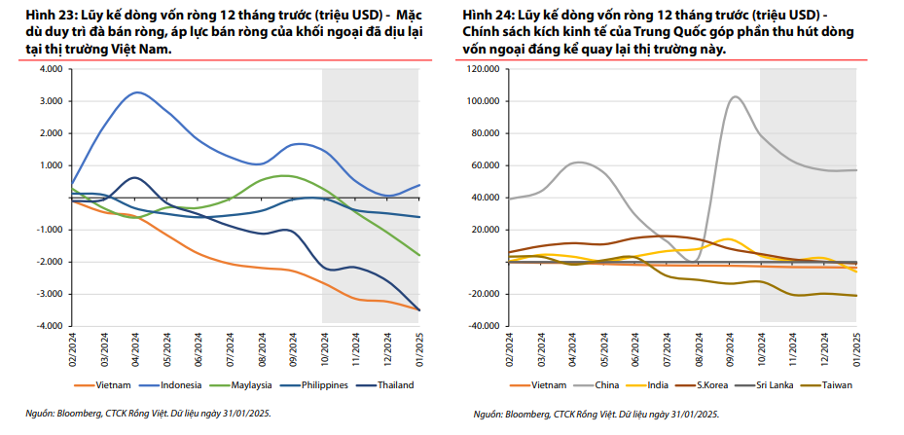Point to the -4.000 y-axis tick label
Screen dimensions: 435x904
point(48,326)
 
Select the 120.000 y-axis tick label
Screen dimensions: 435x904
point(484,70)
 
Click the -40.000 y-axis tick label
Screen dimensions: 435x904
point(484,326)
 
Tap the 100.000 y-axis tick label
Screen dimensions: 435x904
point(484,101)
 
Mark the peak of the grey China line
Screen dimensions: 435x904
point(733,96)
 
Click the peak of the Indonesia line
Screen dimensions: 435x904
point(137,92)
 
